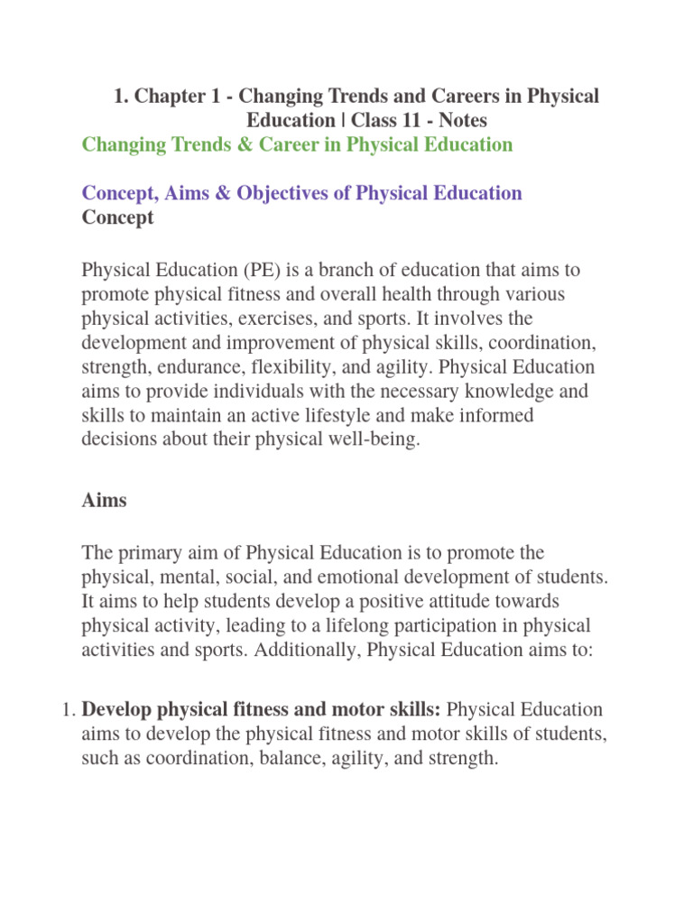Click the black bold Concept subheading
(x=118, y=217)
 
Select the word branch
(x=354, y=271)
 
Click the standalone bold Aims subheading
(x=105, y=502)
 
